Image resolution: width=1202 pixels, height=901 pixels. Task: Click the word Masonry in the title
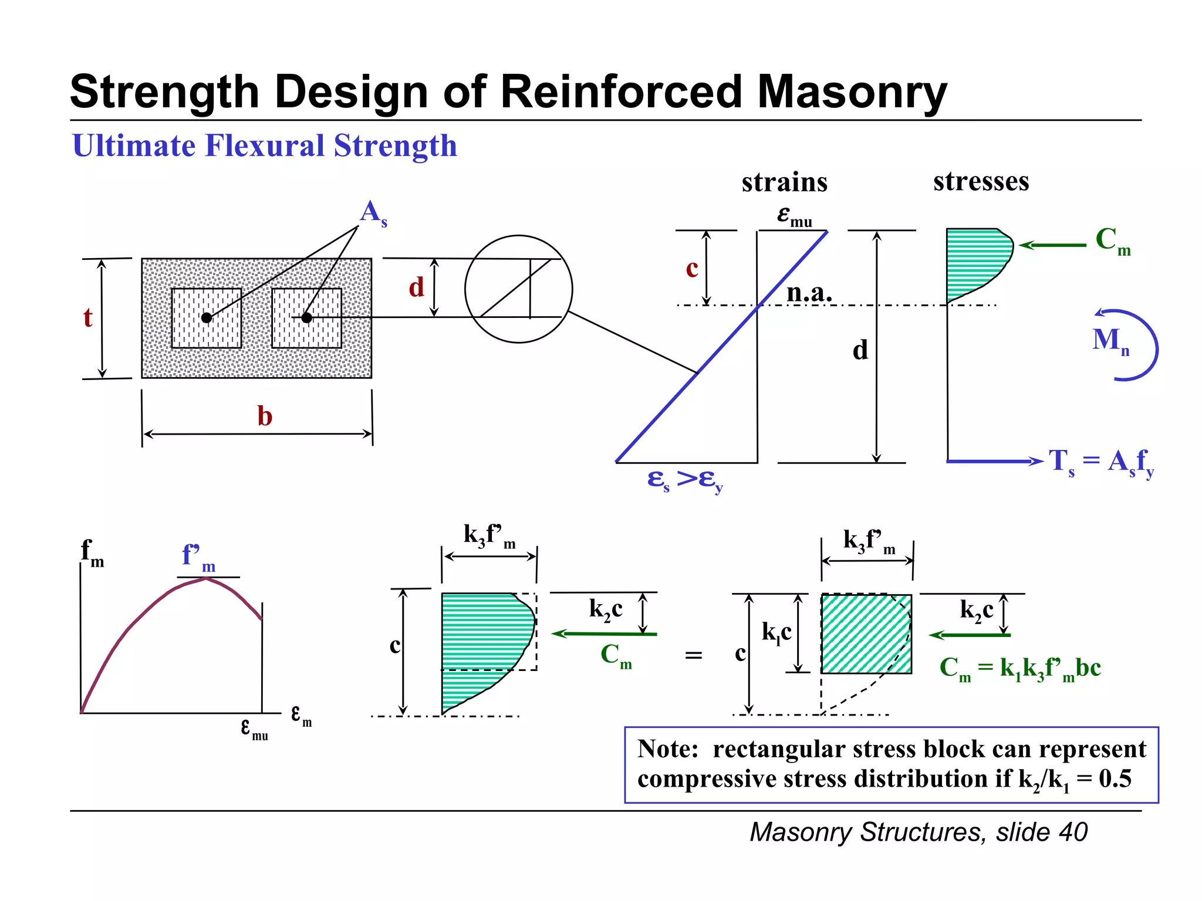[852, 92]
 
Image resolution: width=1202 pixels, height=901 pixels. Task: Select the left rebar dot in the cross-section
[207, 317]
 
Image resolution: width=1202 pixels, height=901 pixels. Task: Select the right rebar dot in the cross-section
[306, 317]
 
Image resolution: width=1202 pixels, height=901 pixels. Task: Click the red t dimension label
[87, 317]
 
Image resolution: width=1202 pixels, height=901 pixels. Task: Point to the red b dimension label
[265, 416]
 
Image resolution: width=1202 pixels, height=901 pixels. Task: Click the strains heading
[784, 182]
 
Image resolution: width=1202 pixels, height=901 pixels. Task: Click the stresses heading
[981, 181]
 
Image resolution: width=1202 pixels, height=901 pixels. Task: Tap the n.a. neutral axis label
[809, 292]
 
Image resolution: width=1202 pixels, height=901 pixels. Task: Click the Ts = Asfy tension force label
[1101, 462]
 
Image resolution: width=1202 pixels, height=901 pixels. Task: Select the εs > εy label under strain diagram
[684, 480]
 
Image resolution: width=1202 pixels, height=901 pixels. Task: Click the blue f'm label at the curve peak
[198, 555]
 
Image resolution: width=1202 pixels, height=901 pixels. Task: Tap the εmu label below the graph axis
[254, 729]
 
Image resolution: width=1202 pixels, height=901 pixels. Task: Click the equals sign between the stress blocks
[694, 655]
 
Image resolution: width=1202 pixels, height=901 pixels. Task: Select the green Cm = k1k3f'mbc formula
[1020, 668]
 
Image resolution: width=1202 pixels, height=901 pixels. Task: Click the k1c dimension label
[776, 632]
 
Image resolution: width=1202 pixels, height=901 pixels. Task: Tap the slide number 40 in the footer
[1073, 832]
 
